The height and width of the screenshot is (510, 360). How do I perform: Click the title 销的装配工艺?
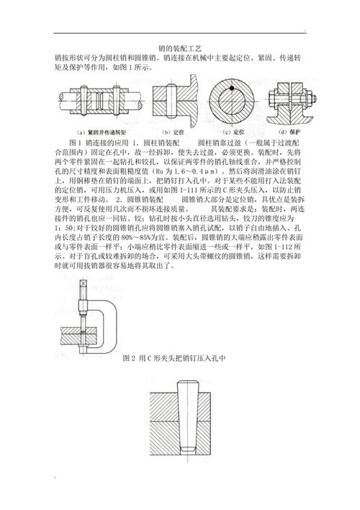click(180, 48)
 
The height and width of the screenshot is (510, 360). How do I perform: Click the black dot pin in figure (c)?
click(232, 88)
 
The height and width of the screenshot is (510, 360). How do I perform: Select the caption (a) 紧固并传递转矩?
click(102, 133)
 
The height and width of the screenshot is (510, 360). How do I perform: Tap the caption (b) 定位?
click(173, 133)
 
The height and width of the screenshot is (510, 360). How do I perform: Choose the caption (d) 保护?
click(289, 133)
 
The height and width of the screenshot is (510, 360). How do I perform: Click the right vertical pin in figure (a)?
click(117, 100)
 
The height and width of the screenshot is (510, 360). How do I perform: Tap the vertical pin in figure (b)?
click(171, 101)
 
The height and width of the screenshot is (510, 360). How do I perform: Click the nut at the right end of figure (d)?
click(310, 97)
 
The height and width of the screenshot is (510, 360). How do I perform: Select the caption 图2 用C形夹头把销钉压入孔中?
click(174, 359)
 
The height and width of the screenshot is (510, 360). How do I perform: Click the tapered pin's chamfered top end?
click(188, 382)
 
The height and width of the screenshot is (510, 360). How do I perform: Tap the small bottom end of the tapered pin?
click(187, 449)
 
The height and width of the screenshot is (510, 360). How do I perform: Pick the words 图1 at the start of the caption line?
click(75, 143)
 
